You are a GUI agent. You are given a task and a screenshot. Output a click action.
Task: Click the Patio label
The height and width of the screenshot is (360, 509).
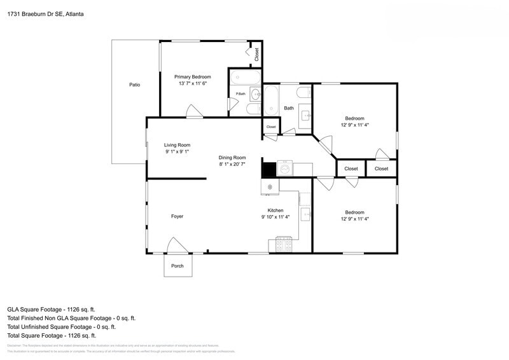coord(134,85)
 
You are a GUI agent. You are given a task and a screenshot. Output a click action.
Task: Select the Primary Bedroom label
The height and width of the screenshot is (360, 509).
coord(193,76)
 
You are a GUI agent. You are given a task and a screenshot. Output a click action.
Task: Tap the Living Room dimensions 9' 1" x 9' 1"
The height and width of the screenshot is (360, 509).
coord(178,152)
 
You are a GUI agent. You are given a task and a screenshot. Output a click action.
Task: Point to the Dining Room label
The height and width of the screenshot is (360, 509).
coord(232,157)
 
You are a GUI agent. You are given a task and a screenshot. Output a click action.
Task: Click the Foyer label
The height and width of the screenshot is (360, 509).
coord(177,216)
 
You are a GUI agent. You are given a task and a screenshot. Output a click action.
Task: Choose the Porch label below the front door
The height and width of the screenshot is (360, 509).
coord(178,266)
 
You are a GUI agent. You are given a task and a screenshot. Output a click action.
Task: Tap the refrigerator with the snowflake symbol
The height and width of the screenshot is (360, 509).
coord(270,186)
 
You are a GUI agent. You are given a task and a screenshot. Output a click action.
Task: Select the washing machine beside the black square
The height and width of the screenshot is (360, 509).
coord(285,169)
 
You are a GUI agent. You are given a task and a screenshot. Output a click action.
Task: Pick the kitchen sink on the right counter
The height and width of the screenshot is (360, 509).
coord(305,215)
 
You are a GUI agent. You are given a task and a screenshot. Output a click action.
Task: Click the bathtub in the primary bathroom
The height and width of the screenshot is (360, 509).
coord(245,78)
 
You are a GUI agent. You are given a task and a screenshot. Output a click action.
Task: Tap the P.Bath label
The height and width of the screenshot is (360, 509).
coord(241,94)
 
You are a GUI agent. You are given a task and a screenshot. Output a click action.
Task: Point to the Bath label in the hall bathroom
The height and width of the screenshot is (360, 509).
coord(289,108)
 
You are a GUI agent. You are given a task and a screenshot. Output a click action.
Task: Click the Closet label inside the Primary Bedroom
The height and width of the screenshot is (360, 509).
coord(256,55)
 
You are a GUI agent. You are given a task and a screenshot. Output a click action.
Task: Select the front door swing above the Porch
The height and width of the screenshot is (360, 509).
coord(176,246)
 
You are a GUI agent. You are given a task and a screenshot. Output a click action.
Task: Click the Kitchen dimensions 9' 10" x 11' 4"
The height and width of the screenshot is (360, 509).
coord(275,217)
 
